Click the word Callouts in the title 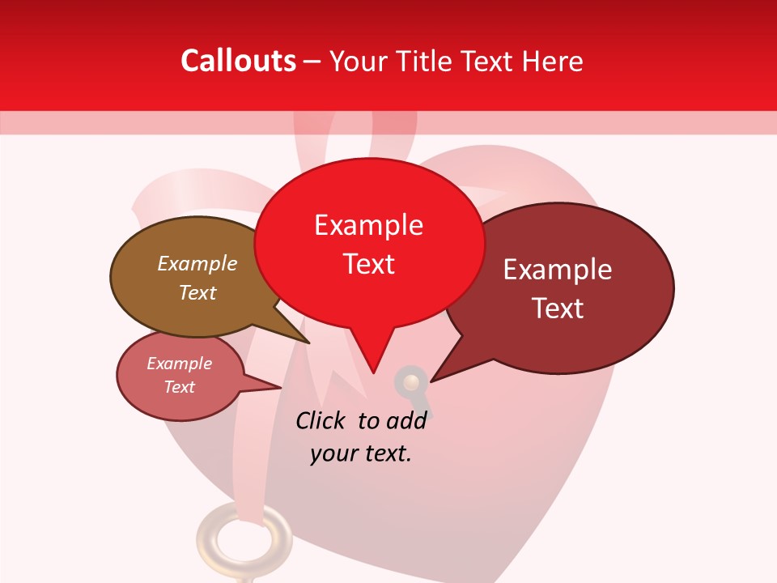(x=238, y=61)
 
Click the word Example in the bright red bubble (x=369, y=225)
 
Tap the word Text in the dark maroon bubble (x=558, y=308)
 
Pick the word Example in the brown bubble (x=197, y=263)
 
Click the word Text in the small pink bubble (x=180, y=387)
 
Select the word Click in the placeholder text (x=321, y=420)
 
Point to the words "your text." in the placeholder (x=361, y=453)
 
